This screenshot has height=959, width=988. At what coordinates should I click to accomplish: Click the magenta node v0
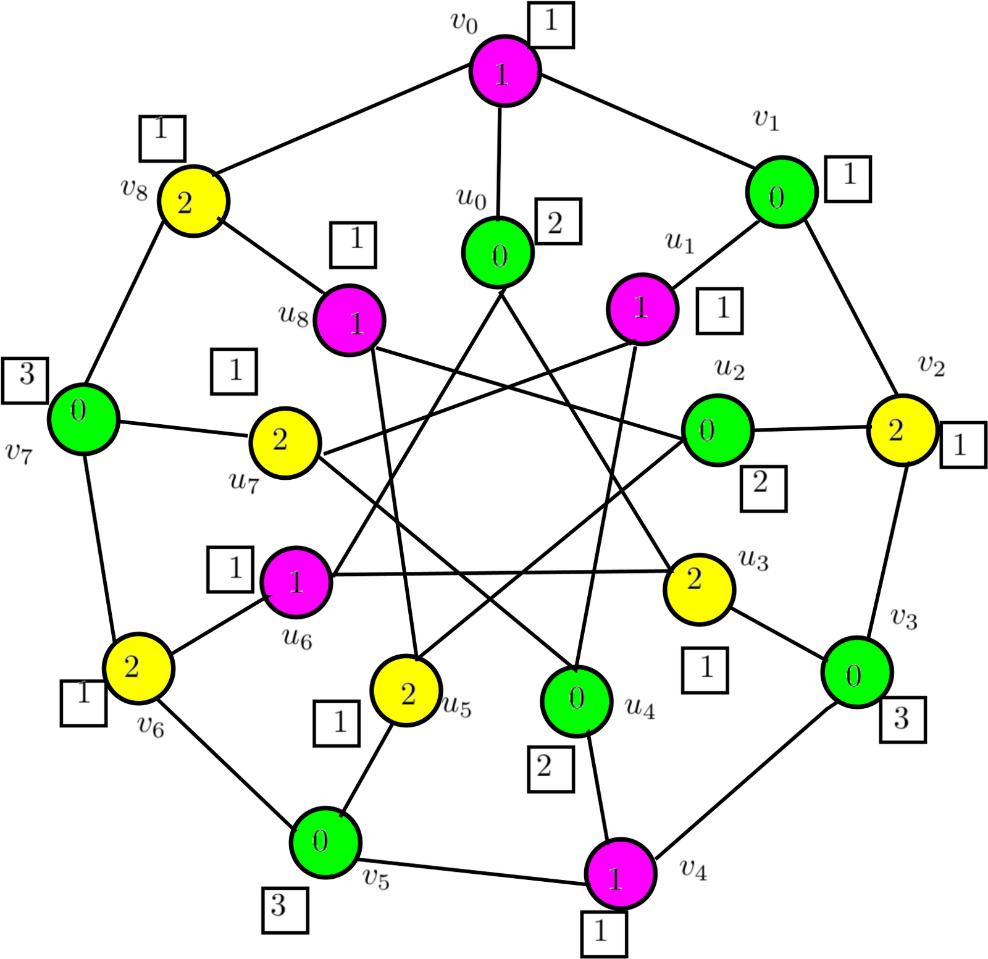tap(505, 71)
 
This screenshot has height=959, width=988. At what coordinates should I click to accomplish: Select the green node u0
tap(498, 252)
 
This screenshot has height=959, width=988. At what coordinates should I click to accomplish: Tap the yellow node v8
tap(194, 201)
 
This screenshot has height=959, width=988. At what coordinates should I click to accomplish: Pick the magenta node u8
tap(350, 320)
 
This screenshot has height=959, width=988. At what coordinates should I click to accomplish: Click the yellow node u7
tap(285, 442)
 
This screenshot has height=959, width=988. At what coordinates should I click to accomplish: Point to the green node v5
tap(325, 842)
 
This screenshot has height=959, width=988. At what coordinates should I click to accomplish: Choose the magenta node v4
tap(620, 873)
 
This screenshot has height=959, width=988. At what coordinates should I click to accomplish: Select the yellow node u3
tap(699, 589)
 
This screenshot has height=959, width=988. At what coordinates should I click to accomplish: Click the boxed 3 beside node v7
tap(25, 380)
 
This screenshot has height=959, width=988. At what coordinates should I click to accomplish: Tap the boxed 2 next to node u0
tap(558, 221)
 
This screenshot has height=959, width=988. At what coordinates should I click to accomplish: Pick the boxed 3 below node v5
tap(285, 910)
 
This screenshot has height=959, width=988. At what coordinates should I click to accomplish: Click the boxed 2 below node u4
tap(551, 769)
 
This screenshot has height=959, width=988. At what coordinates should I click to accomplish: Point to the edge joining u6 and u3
tap(498, 573)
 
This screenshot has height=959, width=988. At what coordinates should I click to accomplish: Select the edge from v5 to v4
tap(472, 871)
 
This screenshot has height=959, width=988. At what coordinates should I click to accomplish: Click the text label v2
tap(932, 365)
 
